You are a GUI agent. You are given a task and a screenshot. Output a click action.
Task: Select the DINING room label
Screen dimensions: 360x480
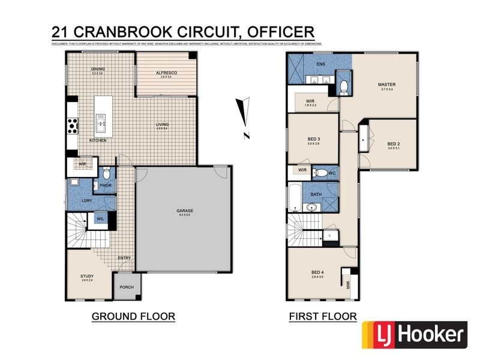tap(98, 69)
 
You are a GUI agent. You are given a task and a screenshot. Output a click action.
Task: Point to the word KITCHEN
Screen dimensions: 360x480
tap(98, 140)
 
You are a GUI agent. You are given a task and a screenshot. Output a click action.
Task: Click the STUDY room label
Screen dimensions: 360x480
tap(87, 276)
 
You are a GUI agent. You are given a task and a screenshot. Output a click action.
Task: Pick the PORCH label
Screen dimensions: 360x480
tap(127, 287)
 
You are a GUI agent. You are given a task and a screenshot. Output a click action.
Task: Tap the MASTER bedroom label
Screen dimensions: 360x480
tap(386, 85)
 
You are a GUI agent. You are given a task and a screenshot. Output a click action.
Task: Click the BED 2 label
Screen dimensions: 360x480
tap(393, 144)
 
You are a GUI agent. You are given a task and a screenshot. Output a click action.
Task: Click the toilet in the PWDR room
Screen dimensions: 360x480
tap(106, 175)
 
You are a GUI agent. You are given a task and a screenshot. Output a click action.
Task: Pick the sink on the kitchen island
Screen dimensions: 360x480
tap(100, 125)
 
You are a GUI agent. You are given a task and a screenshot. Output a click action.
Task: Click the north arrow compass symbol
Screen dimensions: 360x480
tap(243, 115)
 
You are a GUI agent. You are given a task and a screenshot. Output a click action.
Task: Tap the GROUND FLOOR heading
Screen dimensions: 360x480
tap(133, 316)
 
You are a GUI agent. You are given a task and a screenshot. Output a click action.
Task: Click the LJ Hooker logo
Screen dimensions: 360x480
tap(413, 334)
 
